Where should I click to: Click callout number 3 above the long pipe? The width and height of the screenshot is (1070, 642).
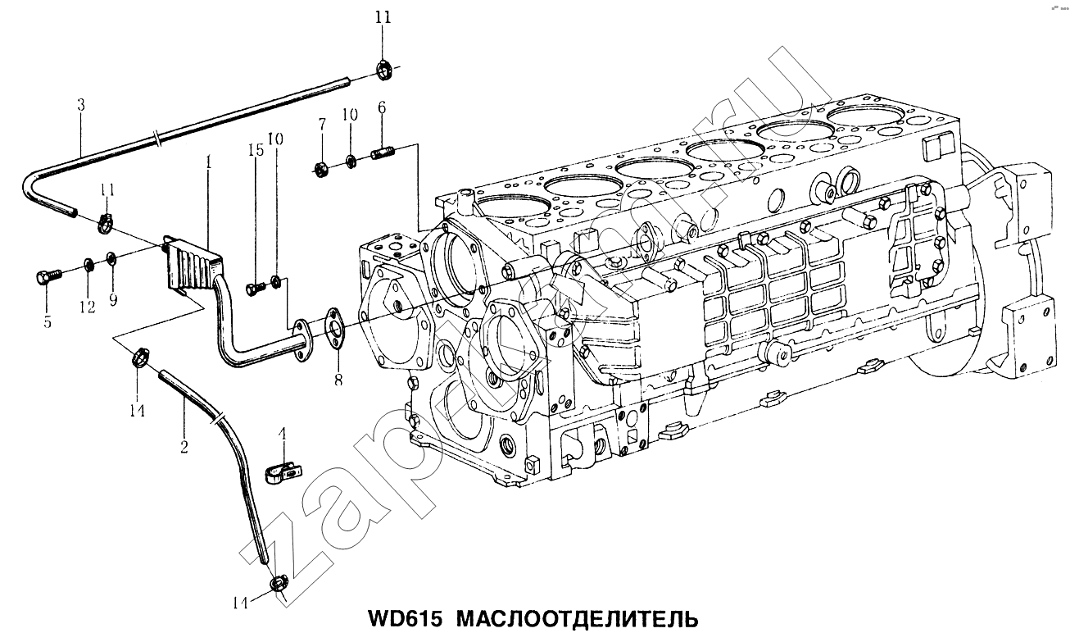click(80, 106)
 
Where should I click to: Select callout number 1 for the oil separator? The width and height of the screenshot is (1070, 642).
click(210, 163)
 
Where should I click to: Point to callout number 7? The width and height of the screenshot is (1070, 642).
click(322, 125)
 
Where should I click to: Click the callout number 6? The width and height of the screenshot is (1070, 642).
click(382, 107)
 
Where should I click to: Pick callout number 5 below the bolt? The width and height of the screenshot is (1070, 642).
click(47, 322)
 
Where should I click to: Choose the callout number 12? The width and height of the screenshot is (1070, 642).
click(87, 307)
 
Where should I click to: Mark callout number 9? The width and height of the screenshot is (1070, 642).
click(113, 300)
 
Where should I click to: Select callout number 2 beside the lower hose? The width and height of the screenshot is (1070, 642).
click(184, 447)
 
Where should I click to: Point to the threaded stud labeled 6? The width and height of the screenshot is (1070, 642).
click(385, 153)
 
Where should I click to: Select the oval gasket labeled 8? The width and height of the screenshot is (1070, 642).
click(333, 328)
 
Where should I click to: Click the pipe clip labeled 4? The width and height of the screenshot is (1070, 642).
click(283, 472)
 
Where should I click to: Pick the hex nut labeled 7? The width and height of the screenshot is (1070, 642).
click(321, 169)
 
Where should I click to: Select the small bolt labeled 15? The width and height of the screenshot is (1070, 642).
click(256, 287)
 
